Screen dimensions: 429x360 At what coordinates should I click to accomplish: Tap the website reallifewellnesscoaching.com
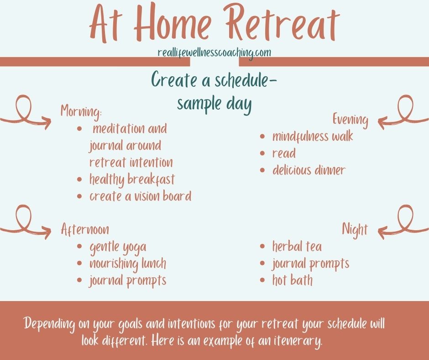point(214,53)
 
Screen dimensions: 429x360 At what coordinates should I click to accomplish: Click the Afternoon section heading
point(85,229)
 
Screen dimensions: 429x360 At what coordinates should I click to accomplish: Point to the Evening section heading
point(351,120)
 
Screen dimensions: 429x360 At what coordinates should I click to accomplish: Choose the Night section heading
point(355,230)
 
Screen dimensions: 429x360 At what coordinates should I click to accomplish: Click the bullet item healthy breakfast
point(132,180)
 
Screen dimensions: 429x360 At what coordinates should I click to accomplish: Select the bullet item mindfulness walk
point(313,137)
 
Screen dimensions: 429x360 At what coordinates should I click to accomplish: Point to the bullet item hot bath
point(292,280)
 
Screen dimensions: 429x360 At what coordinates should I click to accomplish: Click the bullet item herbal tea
point(297,246)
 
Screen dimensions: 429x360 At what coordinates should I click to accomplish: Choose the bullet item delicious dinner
point(309,170)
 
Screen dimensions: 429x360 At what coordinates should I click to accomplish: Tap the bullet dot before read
point(262,154)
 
